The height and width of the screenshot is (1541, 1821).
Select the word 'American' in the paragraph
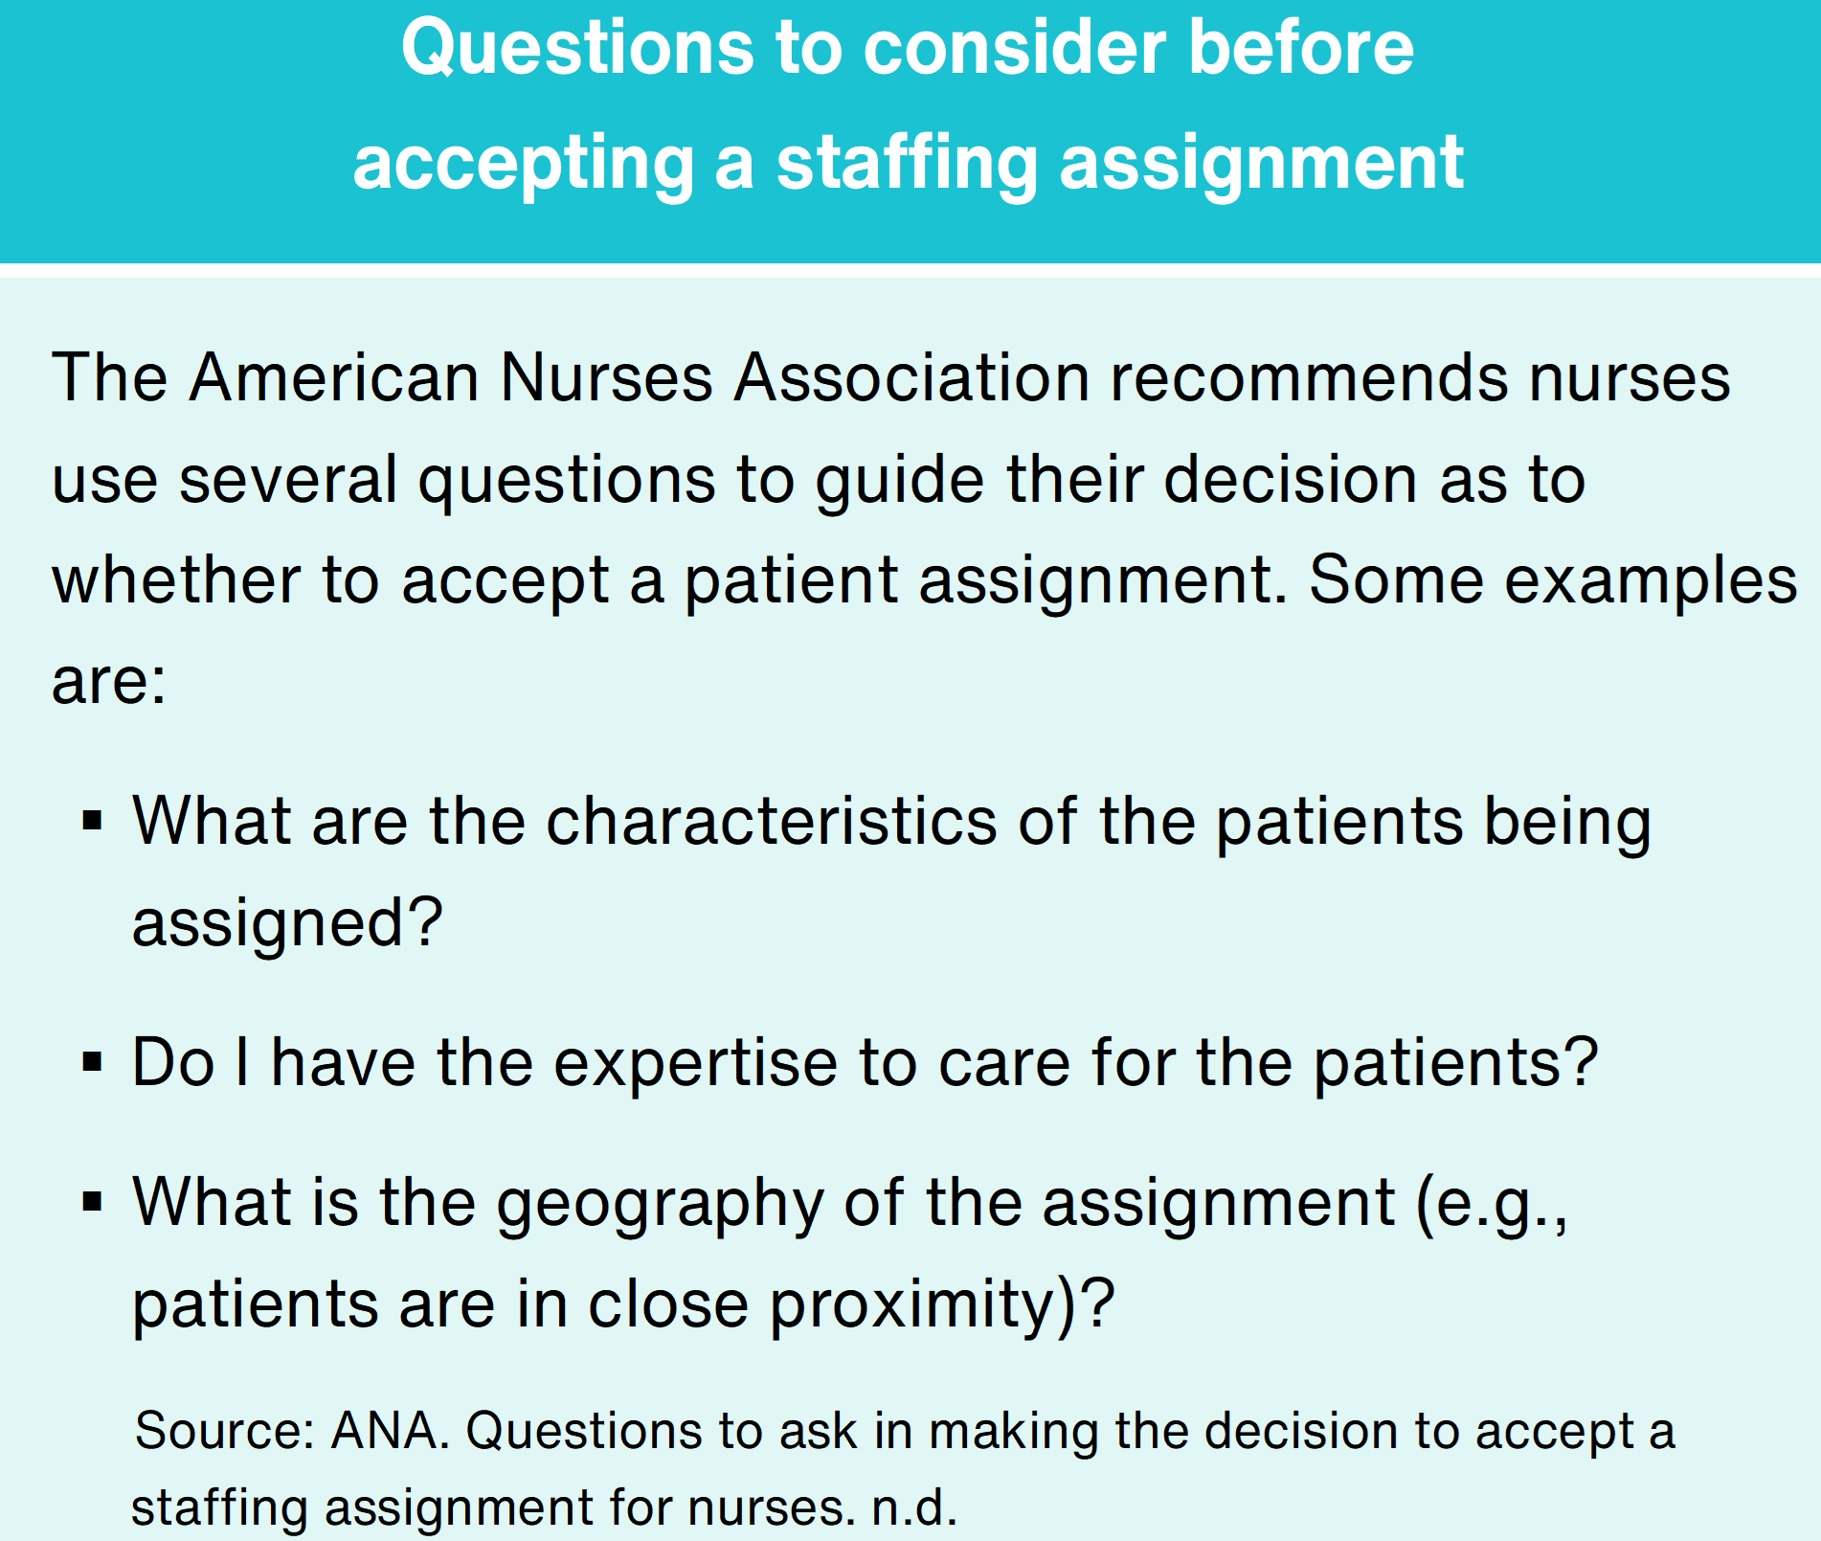click(334, 377)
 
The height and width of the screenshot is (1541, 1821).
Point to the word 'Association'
click(912, 377)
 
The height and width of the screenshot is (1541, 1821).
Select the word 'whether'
click(176, 580)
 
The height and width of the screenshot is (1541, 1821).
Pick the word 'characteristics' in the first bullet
click(772, 821)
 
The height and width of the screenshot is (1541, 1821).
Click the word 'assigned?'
click(287, 923)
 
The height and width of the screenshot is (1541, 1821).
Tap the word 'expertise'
click(696, 1063)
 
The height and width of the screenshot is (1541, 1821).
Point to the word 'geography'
click(660, 1203)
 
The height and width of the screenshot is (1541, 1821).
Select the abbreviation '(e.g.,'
click(1492, 1203)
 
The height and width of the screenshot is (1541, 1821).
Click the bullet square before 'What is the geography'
click(93, 1201)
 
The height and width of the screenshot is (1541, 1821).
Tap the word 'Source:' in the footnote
click(226, 1431)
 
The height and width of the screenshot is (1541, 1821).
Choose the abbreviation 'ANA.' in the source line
click(391, 1431)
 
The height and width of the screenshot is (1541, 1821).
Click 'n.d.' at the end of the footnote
click(914, 1507)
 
